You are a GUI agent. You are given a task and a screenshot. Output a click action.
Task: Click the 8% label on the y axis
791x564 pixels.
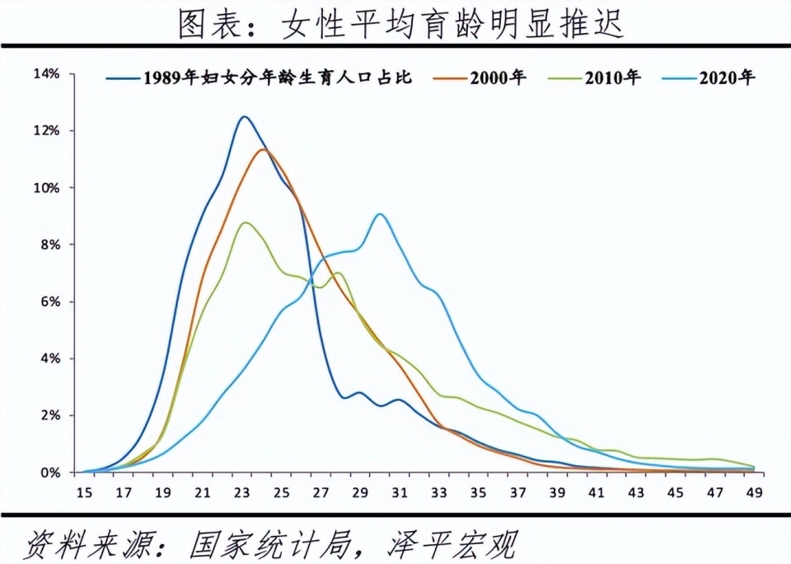[49, 245]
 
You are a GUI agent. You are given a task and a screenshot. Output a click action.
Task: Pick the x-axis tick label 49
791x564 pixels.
[753, 493]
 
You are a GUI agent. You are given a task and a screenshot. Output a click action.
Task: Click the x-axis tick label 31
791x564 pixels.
[399, 493]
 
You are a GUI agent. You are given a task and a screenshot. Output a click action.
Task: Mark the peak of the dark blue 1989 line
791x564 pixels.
[243, 116]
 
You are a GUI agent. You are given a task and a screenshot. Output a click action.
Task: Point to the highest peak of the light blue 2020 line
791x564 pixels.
[379, 214]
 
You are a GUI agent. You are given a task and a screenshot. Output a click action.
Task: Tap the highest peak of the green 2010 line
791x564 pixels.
[245, 223]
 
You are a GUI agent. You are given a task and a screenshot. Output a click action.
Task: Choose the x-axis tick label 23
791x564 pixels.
[241, 493]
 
